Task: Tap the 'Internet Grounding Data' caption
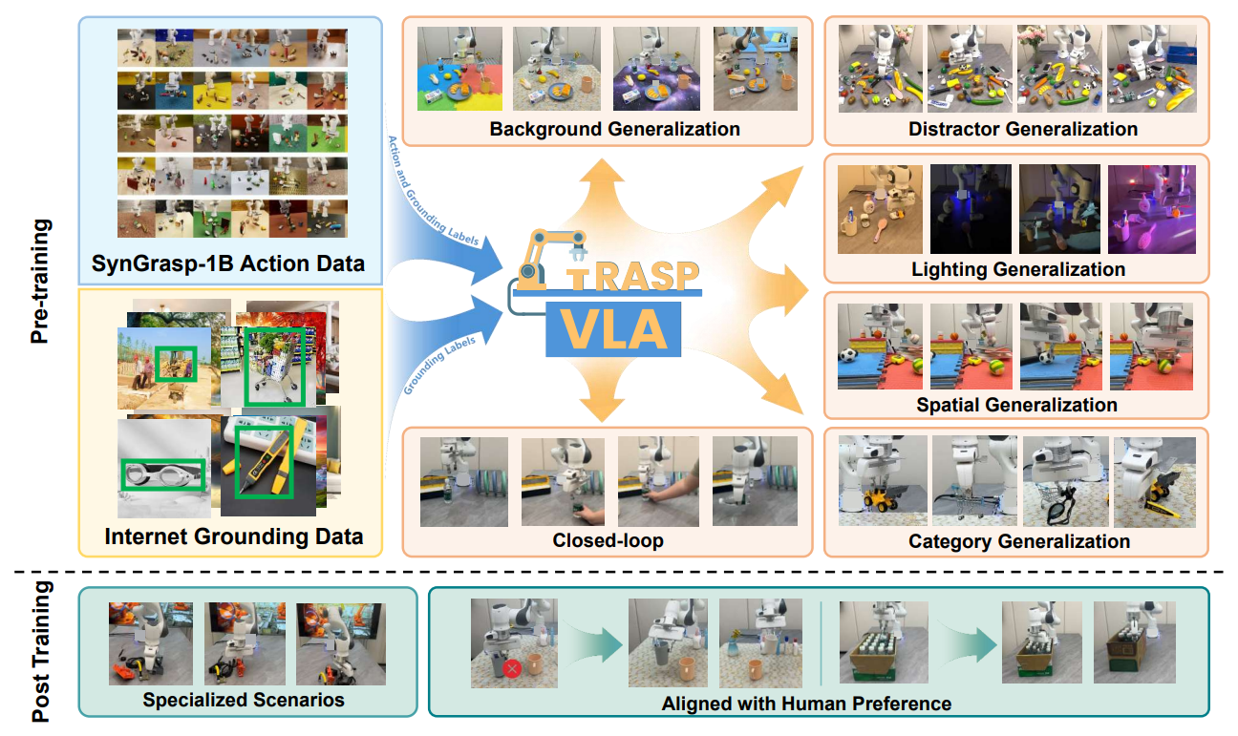point(234,536)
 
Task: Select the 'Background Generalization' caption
point(615,129)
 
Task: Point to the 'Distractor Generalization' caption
point(1023,129)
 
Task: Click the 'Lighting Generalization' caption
point(1017,269)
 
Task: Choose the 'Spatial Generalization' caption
point(1016,405)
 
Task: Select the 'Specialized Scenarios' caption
point(244,700)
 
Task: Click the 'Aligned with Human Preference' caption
point(806,704)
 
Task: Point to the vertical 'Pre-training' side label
point(40,282)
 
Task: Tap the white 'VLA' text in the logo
point(613,329)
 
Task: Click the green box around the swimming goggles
point(161,475)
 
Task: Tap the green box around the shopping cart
point(272,368)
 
